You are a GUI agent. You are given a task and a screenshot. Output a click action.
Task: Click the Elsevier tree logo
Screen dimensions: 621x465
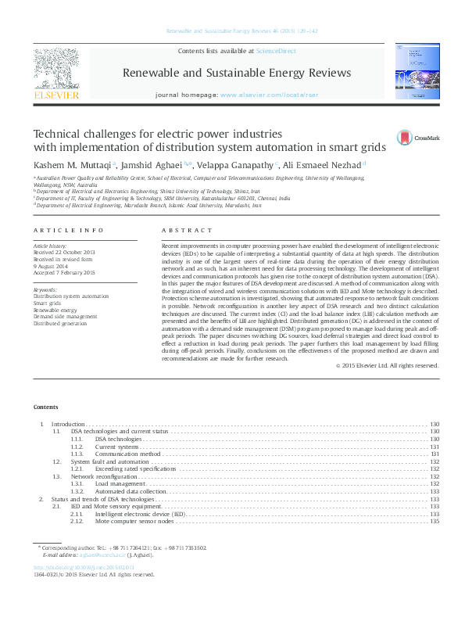coord(56,70)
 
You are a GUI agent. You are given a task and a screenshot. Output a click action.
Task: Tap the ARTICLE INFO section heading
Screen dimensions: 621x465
coord(68,231)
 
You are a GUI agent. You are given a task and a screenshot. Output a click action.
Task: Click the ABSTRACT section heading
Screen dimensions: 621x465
coord(186,231)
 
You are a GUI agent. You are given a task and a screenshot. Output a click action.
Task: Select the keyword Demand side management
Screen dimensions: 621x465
coord(65,317)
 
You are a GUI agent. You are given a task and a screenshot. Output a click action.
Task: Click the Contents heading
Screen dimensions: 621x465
coord(45,407)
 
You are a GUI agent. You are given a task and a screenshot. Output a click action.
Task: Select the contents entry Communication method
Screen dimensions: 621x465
coord(128,454)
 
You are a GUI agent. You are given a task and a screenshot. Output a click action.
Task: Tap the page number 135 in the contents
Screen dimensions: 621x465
coord(435,521)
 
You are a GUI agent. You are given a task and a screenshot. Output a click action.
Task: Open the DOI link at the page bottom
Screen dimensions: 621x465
coord(84,567)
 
